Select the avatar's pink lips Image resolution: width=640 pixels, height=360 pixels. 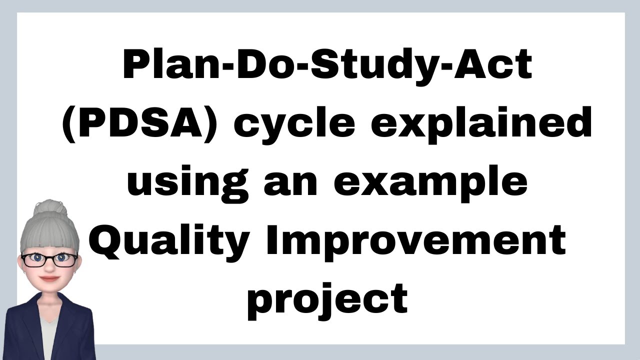point(48,278)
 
